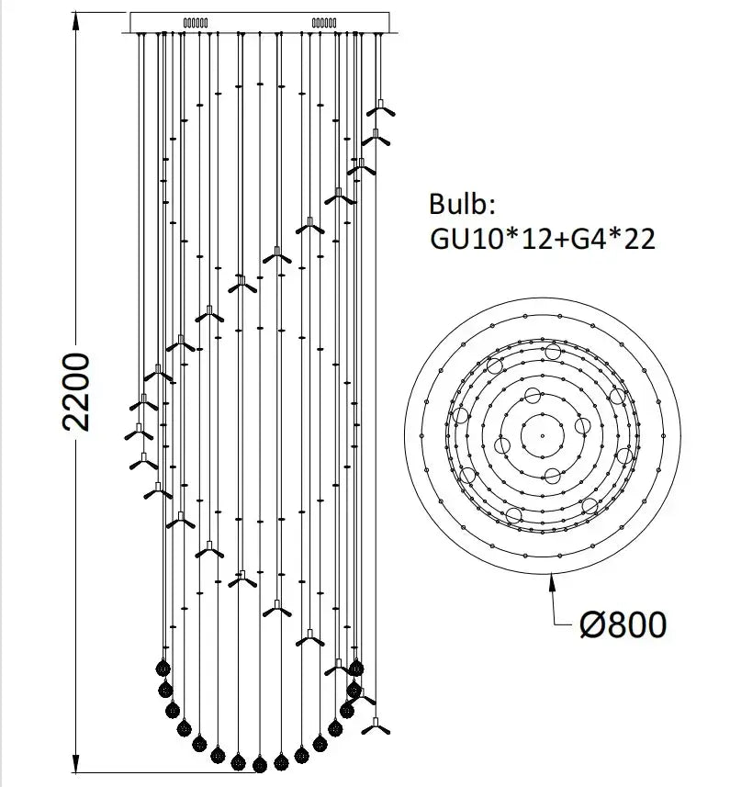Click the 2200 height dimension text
pyautogui.click(x=76, y=391)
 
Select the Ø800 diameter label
pyautogui.click(x=623, y=624)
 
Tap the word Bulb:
pyautogui.click(x=462, y=204)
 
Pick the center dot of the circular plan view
pyautogui.click(x=543, y=435)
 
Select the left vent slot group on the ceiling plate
pyautogui.click(x=196, y=23)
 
